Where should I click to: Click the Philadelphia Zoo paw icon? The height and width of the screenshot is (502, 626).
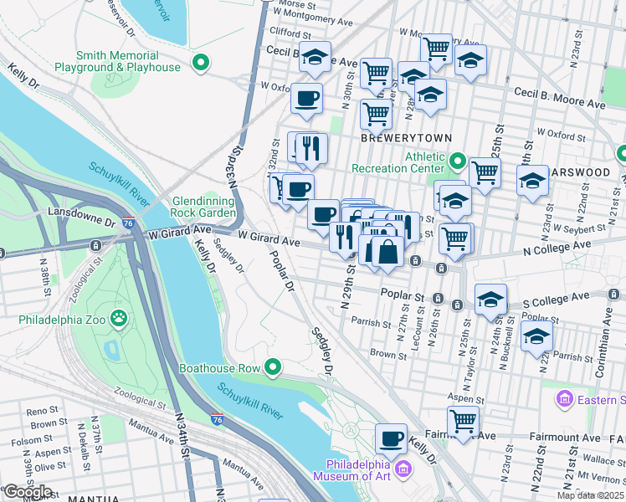coord(120,317)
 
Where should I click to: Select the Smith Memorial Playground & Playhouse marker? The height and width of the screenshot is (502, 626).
coord(200,61)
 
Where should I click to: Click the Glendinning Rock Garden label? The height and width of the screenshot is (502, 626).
coord(204,207)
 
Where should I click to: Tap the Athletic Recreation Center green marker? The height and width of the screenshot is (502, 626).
coord(456,159)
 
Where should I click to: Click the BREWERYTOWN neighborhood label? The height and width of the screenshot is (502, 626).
coord(406,137)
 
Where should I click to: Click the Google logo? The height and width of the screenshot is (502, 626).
coord(28,491)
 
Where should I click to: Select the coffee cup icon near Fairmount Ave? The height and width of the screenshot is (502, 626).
coord(391,438)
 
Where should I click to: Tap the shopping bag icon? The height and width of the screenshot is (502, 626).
coord(388,251)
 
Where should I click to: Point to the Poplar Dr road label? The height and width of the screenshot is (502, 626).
coord(283,269)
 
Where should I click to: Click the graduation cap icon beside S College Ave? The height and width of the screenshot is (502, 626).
coord(490,300)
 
